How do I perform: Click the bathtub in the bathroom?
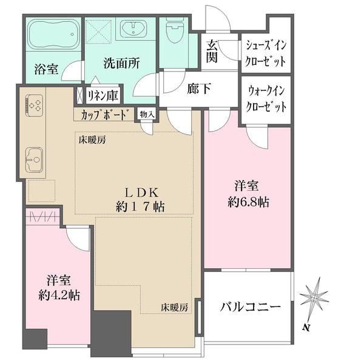tap(53, 35)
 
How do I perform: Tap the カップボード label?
tap(103, 113)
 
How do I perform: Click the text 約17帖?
tap(141, 206)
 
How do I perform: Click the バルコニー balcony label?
tap(251, 307)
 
